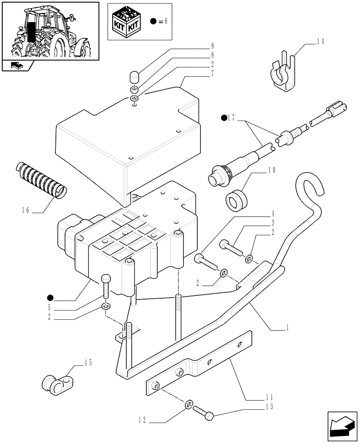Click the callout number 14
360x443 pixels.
[x=320, y=42]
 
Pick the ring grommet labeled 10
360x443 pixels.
[x=237, y=201]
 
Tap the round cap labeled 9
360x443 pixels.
[x=134, y=78]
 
